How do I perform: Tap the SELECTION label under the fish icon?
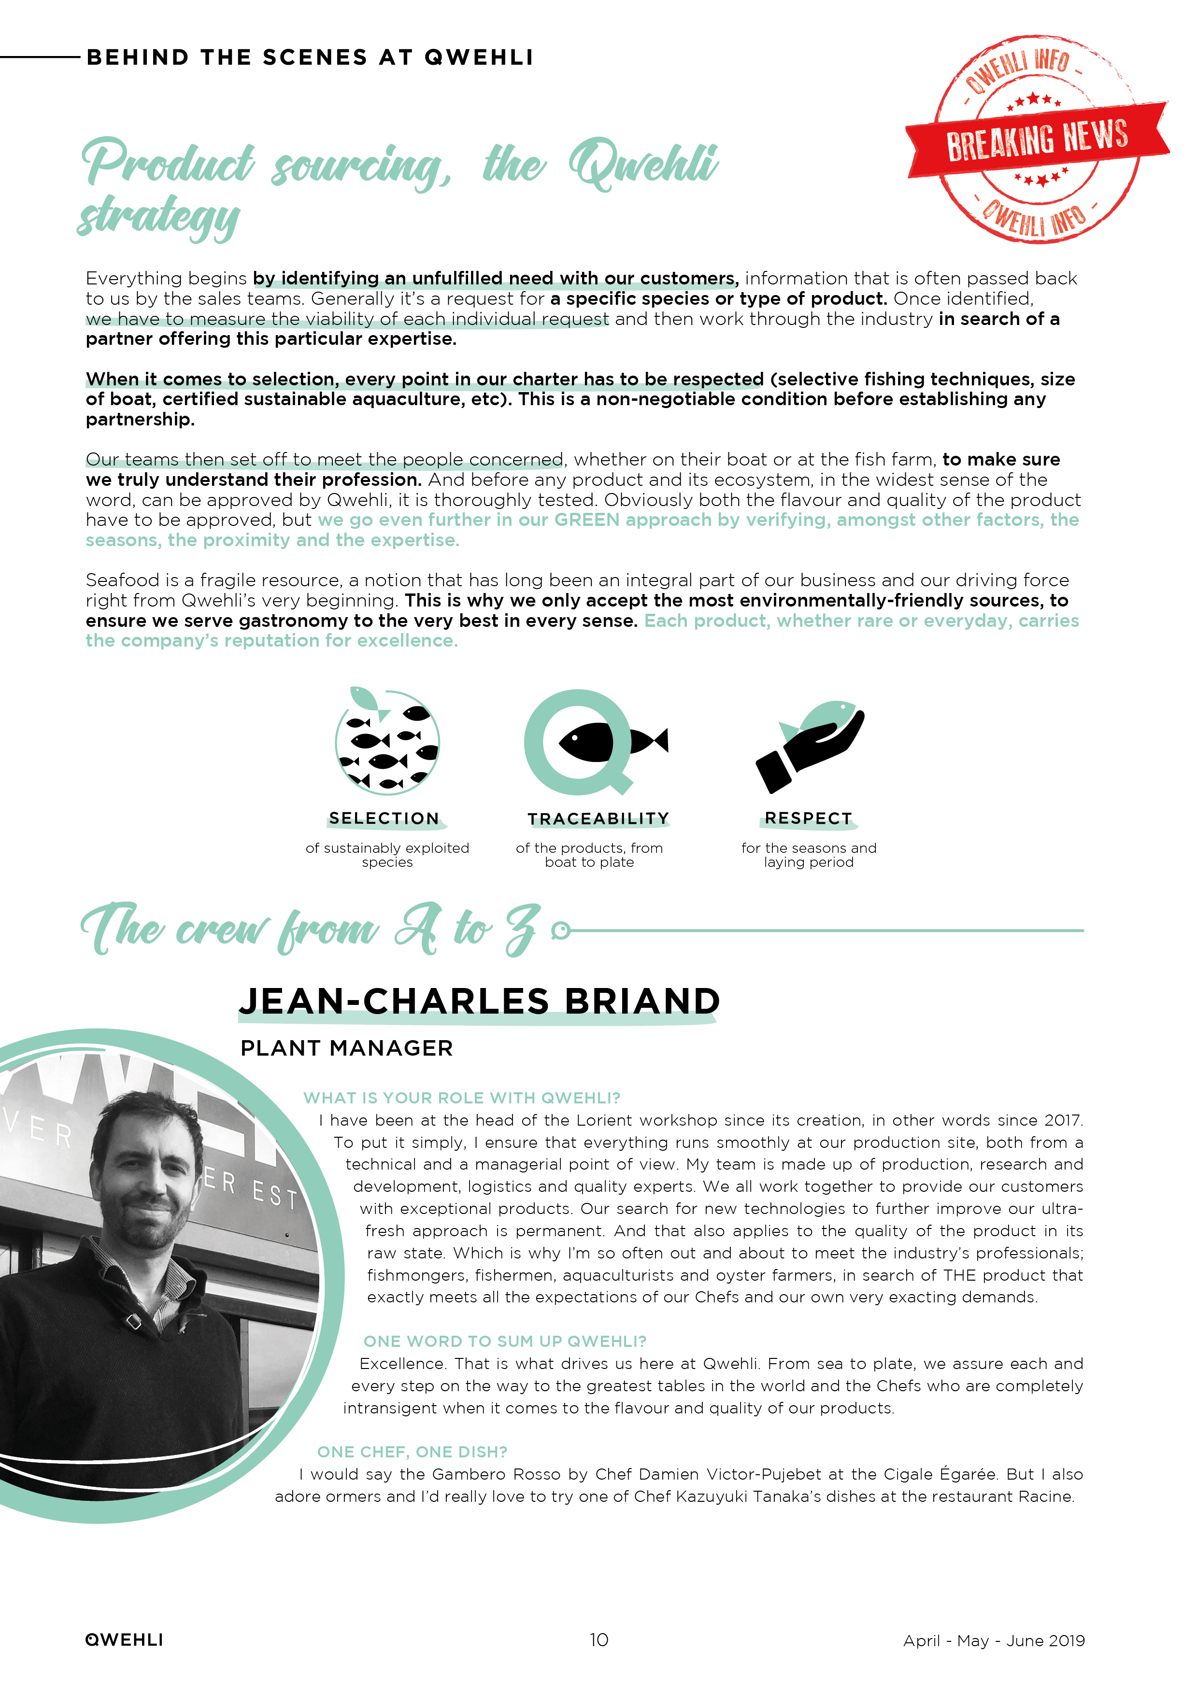pyautogui.click(x=384, y=818)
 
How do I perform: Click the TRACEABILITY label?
pyautogui.click(x=598, y=819)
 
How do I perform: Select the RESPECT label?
pyautogui.click(x=808, y=818)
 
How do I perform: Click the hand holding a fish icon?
pyautogui.click(x=809, y=745)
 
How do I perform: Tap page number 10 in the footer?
pyautogui.click(x=599, y=1640)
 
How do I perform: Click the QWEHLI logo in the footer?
pyautogui.click(x=124, y=1640)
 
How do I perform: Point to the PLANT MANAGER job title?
pyautogui.click(x=346, y=1048)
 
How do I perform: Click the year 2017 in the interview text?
pyautogui.click(x=1063, y=1120)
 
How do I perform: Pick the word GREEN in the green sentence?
pyautogui.click(x=587, y=520)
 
